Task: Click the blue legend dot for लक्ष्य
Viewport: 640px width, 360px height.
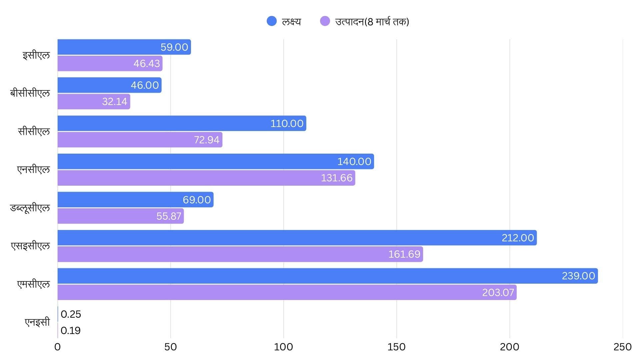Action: point(272,21)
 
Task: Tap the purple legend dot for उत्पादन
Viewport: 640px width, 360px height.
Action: point(325,21)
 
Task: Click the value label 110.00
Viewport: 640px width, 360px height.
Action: point(287,124)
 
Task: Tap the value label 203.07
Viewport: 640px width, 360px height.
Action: point(498,293)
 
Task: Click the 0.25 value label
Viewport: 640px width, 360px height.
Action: point(71,314)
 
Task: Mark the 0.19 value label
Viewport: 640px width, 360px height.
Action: point(71,331)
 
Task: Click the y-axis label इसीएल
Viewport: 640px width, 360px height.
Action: point(36,55)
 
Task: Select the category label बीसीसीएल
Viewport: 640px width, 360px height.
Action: point(30,93)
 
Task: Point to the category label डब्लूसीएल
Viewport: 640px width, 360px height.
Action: point(30,208)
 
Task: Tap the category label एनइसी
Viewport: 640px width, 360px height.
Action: point(37,322)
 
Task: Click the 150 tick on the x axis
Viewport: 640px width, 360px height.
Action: point(397,347)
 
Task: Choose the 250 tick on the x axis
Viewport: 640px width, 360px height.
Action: point(622,347)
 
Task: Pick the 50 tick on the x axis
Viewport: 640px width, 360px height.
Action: point(170,347)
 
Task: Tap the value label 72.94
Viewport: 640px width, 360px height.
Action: point(207,140)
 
